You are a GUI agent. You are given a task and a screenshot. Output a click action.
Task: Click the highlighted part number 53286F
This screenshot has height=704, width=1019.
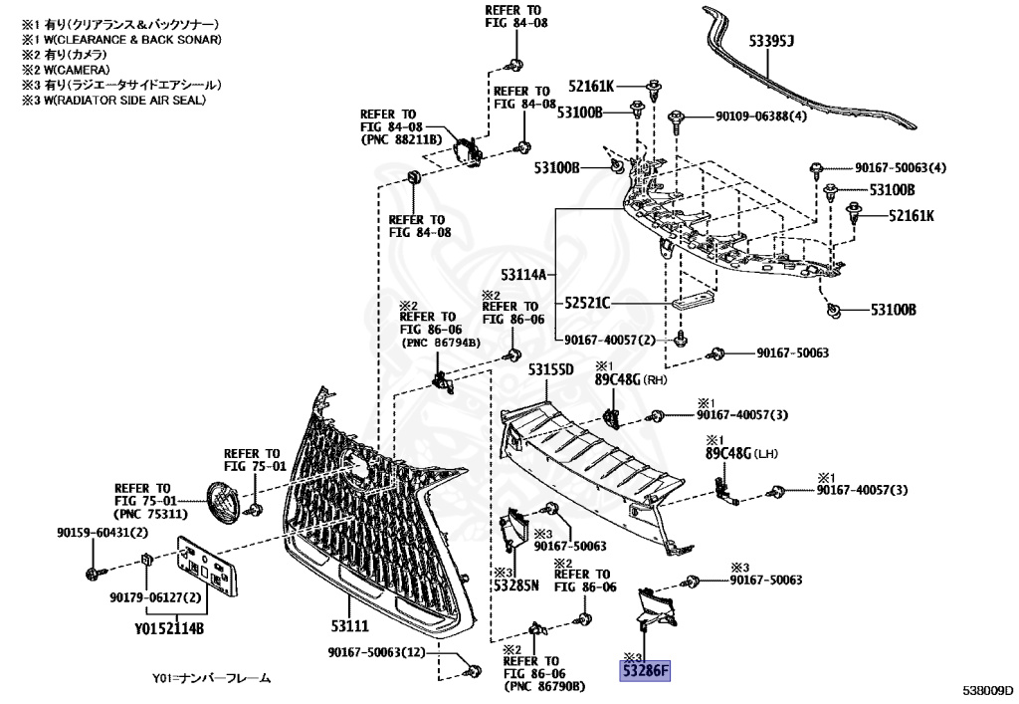646,672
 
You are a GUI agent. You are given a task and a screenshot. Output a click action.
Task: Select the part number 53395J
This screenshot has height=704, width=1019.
771,41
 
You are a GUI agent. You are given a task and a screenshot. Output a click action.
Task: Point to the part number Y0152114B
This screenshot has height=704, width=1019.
169,628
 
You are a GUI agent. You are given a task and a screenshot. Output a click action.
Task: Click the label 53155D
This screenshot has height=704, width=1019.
551,370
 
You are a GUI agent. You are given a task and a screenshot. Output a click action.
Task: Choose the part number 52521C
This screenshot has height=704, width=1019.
587,303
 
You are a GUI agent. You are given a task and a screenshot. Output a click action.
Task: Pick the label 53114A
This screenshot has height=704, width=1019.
527,273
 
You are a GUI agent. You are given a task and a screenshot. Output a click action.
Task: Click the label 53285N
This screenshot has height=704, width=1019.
515,586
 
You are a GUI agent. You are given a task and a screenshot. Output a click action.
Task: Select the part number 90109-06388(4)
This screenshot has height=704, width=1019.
761,117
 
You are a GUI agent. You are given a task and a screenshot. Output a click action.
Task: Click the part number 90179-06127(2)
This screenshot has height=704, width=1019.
155,597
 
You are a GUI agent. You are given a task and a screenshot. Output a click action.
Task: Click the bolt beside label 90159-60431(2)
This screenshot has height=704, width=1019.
93,573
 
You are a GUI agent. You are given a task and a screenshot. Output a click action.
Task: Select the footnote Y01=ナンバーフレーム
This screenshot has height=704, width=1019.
211,678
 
